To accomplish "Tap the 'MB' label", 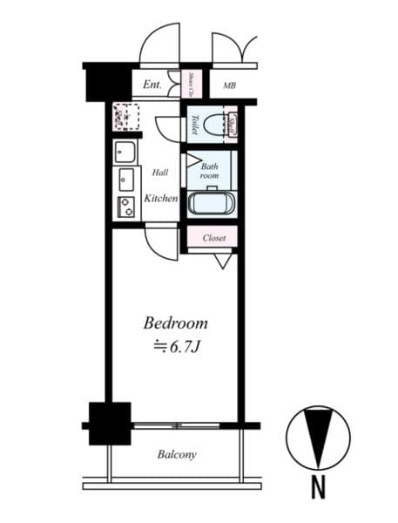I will (229, 85).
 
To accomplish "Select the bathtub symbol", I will (210, 204).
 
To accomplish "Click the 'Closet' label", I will (214, 238).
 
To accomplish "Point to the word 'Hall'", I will (160, 173).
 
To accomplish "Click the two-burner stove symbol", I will (126, 207).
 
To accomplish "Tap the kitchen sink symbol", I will (126, 180).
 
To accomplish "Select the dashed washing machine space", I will (125, 116).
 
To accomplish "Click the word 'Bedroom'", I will (175, 323).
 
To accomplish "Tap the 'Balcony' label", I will (177, 454).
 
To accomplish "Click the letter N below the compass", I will (318, 490).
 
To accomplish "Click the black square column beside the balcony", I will (109, 423).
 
